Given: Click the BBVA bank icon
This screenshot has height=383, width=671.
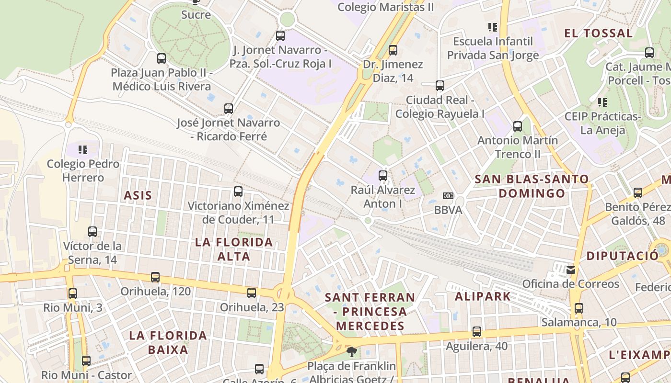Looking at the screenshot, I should click(x=448, y=196).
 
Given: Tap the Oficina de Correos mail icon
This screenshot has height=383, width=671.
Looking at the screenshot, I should click(x=570, y=270).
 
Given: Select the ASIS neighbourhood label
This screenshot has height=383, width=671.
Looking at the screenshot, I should click(x=138, y=195).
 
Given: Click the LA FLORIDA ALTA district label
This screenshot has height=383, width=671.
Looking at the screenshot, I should click(x=234, y=249).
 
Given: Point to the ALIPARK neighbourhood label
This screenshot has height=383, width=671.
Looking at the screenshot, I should click(x=483, y=296).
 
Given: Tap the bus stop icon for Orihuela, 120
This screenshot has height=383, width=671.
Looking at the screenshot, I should click(x=155, y=277).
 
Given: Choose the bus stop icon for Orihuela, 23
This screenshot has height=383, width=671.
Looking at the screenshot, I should click(x=252, y=293).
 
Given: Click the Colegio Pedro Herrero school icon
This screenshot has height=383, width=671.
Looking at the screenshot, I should click(x=83, y=150).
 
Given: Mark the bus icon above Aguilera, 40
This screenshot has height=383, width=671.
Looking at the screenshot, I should click(x=477, y=332).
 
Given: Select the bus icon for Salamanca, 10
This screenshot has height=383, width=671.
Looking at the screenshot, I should click(x=579, y=308).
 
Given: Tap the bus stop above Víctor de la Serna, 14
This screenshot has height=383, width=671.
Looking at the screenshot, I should click(x=93, y=232).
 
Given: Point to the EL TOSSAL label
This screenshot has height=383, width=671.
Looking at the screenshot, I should click(x=598, y=34).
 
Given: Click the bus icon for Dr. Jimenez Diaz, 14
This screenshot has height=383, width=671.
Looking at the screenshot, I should click(x=393, y=50).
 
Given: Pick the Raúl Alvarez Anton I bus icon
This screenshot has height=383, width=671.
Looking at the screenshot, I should click(x=383, y=176).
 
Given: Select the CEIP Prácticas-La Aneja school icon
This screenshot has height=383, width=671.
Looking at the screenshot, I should click(x=602, y=102).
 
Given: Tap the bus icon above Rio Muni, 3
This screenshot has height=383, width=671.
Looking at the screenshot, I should click(x=73, y=293).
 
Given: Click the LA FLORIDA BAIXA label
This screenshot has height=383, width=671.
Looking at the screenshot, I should click(x=168, y=342).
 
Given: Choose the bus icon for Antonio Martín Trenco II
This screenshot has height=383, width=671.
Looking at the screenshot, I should click(x=518, y=126).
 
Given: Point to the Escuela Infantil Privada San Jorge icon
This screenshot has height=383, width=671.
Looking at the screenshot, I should click(x=493, y=27).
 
